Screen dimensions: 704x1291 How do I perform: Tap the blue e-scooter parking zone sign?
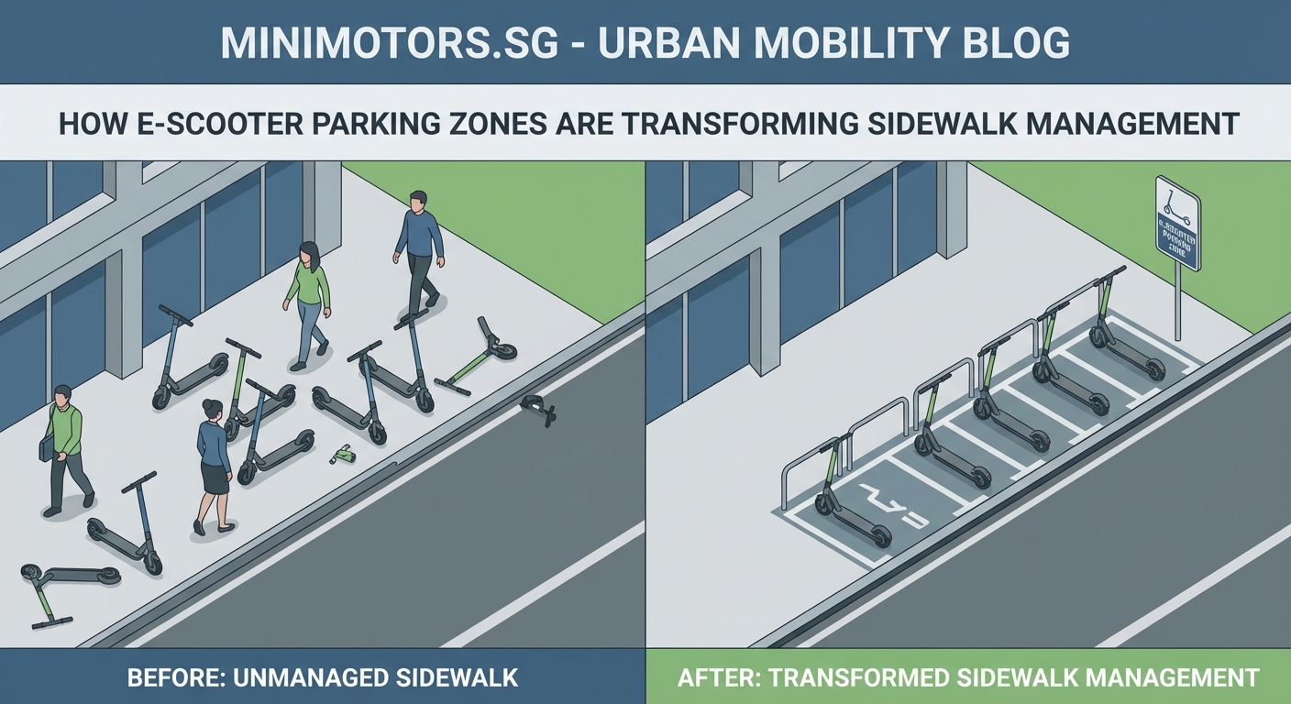click(1177, 224)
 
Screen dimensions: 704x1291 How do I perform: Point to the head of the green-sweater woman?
click(309, 252)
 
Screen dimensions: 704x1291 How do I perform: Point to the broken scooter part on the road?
click(538, 409)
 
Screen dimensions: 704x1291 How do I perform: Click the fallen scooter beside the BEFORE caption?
click(69, 587)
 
